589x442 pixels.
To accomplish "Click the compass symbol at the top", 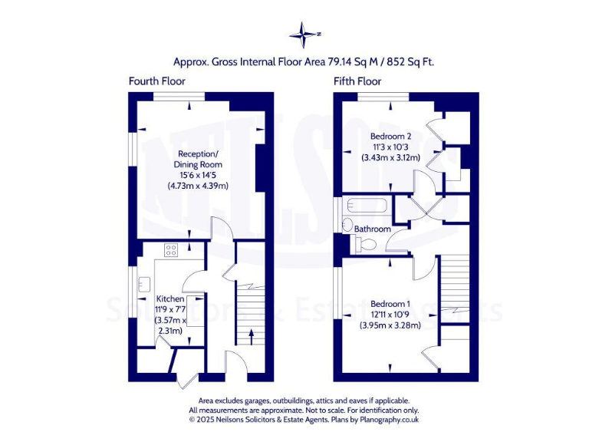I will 304,34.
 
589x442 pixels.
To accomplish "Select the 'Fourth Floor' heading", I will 156,81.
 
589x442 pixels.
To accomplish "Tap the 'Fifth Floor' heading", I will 357,81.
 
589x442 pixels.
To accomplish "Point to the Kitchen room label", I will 170,299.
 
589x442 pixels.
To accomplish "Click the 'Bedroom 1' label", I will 390,302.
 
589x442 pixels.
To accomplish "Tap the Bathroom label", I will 372,229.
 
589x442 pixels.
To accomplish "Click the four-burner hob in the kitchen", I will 170,249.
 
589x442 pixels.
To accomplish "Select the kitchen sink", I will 143,285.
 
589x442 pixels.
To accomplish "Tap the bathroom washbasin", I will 346,226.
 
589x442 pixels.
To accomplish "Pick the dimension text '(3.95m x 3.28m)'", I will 390,325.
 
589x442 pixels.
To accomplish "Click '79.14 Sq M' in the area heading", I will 352,61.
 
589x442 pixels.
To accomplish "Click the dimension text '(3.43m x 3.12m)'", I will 390,158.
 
